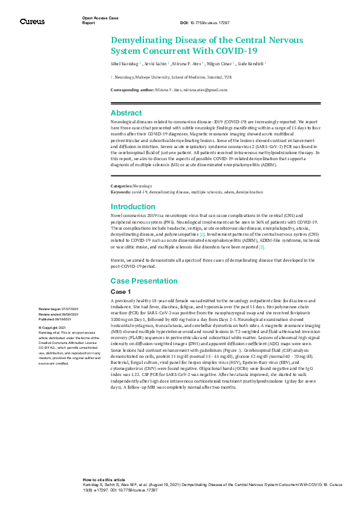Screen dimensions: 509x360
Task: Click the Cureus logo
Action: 32,21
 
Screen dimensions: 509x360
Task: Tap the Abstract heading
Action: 126,113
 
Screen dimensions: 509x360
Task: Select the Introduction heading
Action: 133,206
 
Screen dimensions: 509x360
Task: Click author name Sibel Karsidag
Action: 125,63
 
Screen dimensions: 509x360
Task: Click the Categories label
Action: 122,186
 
